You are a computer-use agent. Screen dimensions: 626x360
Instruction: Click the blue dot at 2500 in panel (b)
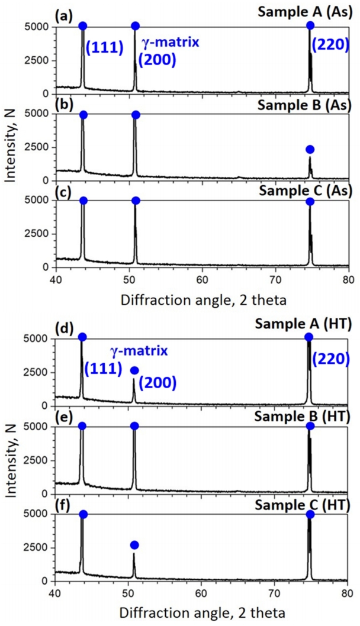310,149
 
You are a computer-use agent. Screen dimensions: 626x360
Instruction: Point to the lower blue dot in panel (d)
134,370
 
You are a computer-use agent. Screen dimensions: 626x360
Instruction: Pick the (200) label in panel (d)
157,382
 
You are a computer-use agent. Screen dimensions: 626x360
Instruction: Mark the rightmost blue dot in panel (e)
310,426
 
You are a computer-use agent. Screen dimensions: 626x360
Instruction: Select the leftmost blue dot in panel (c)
83,201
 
